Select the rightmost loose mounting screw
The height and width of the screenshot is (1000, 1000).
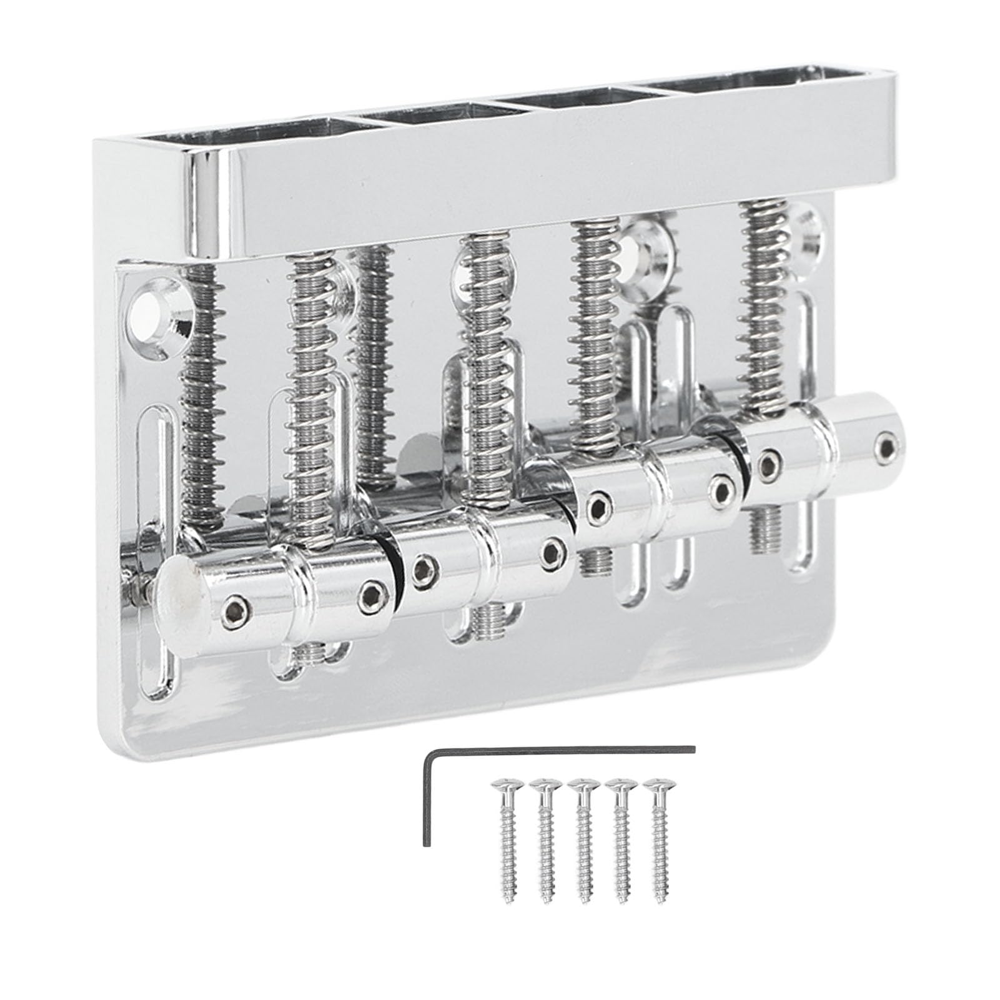658,815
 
